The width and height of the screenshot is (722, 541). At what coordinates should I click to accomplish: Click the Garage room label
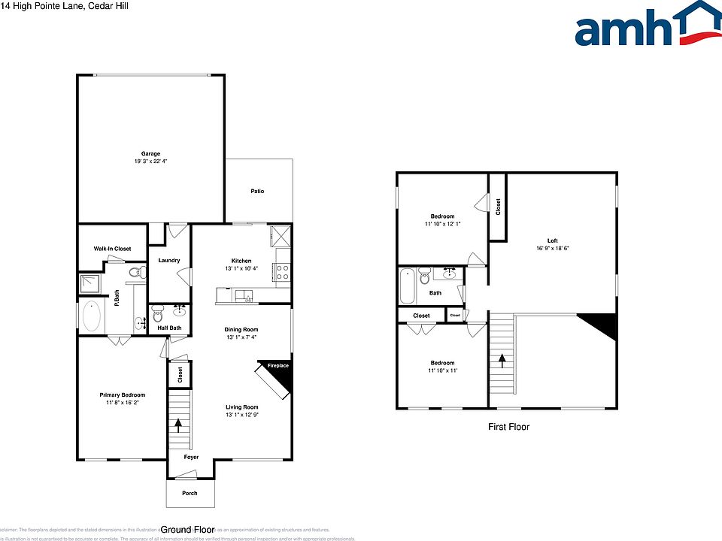click(x=150, y=154)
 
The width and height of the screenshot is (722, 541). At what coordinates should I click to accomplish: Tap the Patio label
click(x=258, y=191)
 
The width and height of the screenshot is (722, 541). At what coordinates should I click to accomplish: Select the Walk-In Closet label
click(x=112, y=249)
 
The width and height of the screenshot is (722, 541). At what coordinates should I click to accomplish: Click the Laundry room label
click(x=169, y=261)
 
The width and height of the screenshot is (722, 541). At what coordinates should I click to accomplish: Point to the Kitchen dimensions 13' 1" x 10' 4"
click(x=241, y=268)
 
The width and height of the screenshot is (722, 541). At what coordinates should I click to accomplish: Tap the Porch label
click(x=190, y=494)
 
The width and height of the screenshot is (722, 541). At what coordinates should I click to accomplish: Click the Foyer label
click(x=192, y=457)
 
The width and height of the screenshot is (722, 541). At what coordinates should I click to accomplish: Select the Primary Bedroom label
click(x=123, y=394)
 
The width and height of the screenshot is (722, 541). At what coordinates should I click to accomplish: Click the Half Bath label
click(x=169, y=328)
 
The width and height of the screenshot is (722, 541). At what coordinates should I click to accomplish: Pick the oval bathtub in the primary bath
click(x=94, y=316)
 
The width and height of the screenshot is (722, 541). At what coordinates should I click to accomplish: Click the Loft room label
click(x=552, y=240)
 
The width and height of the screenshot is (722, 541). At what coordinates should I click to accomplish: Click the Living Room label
click(x=241, y=407)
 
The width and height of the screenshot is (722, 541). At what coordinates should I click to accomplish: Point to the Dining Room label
click(x=241, y=329)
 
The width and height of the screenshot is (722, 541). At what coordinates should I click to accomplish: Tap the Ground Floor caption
click(x=188, y=529)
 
